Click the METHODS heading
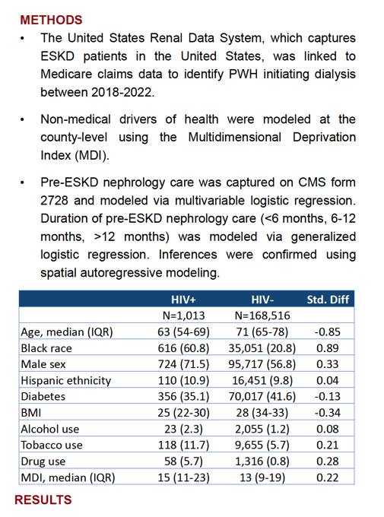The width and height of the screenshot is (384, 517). pos(51,20)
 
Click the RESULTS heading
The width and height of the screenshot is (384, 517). pos(43,500)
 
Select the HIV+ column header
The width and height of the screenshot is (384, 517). pos(183,300)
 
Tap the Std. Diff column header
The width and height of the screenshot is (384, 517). pos(328,300)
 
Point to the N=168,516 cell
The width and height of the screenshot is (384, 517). pos(262,316)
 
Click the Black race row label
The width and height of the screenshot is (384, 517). pos(46,348)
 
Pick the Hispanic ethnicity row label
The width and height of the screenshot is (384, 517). pos(66,380)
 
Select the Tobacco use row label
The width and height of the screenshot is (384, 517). pos(52,445)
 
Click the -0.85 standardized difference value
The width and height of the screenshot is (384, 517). pos(327,331)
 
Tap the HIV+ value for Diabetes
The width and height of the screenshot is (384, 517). pos(183,396)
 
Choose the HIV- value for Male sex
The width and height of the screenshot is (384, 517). pos(262,364)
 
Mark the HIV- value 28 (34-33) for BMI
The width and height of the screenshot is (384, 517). pos(262,413)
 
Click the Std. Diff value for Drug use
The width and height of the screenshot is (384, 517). pos(327,461)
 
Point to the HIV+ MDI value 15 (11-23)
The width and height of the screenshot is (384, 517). pos(183,477)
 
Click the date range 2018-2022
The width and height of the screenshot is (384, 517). pos(122,92)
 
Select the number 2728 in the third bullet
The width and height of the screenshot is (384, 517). pos(55,201)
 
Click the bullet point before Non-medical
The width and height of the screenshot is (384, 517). pos(22,119)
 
